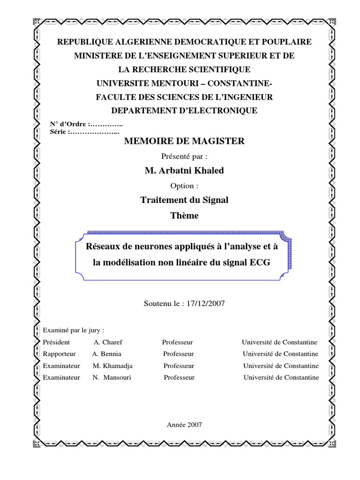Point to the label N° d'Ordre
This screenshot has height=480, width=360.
[x=68, y=124]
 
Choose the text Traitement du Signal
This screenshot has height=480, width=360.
[x=184, y=200]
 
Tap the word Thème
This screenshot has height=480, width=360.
[x=184, y=216]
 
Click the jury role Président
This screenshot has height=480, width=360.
[x=56, y=342]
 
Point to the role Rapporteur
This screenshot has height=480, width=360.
[x=59, y=353]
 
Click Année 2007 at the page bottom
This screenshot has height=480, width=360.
[x=184, y=424]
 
